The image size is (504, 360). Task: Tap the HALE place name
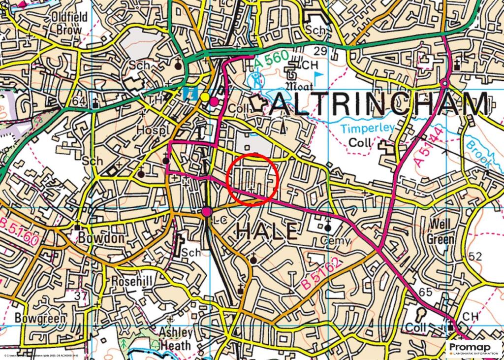tap(268, 231)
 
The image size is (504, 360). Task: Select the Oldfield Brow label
tap(69, 23)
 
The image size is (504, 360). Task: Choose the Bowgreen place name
tap(40, 318)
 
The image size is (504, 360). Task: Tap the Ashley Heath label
tap(175, 339)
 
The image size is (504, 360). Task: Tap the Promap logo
tap(474, 349)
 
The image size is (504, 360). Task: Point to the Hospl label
tap(153, 129)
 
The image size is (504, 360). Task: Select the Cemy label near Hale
tap(335, 241)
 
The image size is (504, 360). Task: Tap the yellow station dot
tap(204, 97)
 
